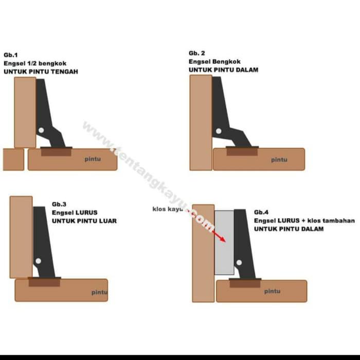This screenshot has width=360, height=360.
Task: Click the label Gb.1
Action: [x=11, y=55]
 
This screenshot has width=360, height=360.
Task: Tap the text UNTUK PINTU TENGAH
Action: [x=41, y=71]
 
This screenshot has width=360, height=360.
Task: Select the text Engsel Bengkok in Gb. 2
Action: [x=214, y=62]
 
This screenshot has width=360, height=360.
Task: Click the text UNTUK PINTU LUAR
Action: [x=84, y=221]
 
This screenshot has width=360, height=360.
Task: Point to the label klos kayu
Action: [x=168, y=209]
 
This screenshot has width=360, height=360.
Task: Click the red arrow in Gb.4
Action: [x=219, y=237]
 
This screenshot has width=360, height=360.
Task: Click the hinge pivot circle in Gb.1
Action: [x=41, y=130]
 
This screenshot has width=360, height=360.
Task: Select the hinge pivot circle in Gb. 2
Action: [x=219, y=131]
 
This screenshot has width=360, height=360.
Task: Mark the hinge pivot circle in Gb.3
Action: [x=39, y=261]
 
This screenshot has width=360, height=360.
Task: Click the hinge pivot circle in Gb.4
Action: [x=239, y=262]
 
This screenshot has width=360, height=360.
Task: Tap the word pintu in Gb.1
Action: [x=93, y=159]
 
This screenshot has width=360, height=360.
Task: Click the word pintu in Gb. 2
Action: [x=279, y=160]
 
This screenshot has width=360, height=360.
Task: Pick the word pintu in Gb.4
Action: [x=272, y=292]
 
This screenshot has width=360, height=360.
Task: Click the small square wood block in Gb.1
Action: [x=13, y=159]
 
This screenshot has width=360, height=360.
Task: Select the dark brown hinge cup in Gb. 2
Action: [x=242, y=152]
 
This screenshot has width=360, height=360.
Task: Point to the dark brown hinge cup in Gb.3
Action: [x=44, y=282]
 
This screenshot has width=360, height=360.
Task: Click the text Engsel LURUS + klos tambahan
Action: [x=304, y=221]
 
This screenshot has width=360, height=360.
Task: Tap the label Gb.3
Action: [x=59, y=204]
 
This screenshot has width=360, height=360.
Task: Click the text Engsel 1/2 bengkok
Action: [x=35, y=63]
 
